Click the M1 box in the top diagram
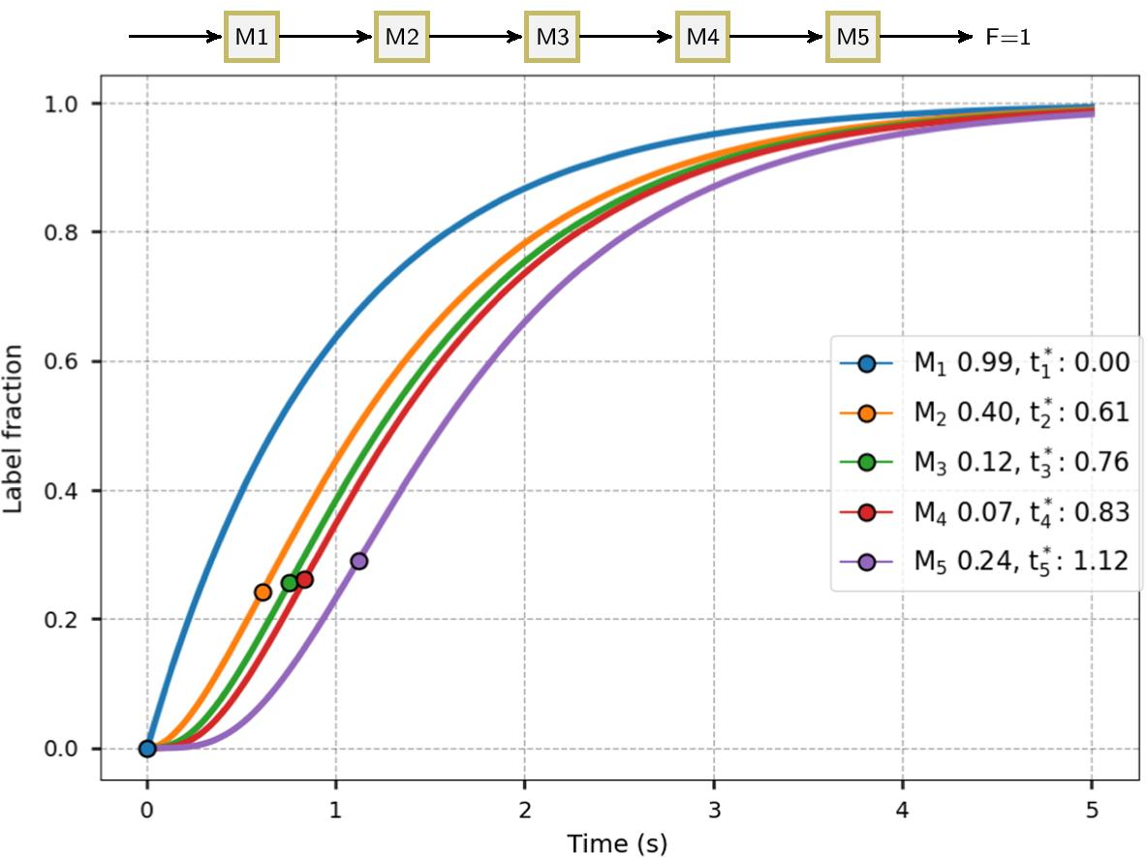252,38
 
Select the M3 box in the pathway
552,38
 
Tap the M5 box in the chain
852,38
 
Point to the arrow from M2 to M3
477,38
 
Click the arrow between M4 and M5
777,38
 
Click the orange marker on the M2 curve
263,592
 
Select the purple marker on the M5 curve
359,561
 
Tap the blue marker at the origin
147,748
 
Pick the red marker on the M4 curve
305,579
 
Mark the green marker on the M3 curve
290,583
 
